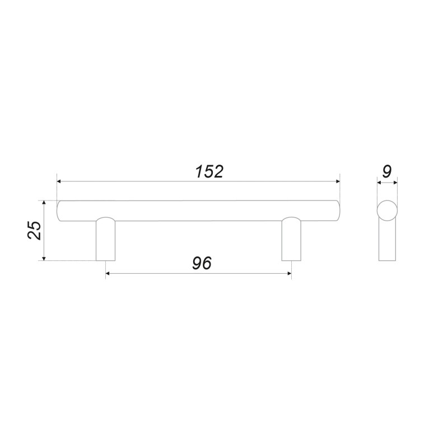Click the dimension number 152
click(209, 172)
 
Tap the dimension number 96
click(202, 263)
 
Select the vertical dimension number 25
click(35, 230)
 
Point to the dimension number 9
click(387, 172)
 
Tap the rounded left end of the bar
click(59, 211)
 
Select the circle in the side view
click(387, 211)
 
